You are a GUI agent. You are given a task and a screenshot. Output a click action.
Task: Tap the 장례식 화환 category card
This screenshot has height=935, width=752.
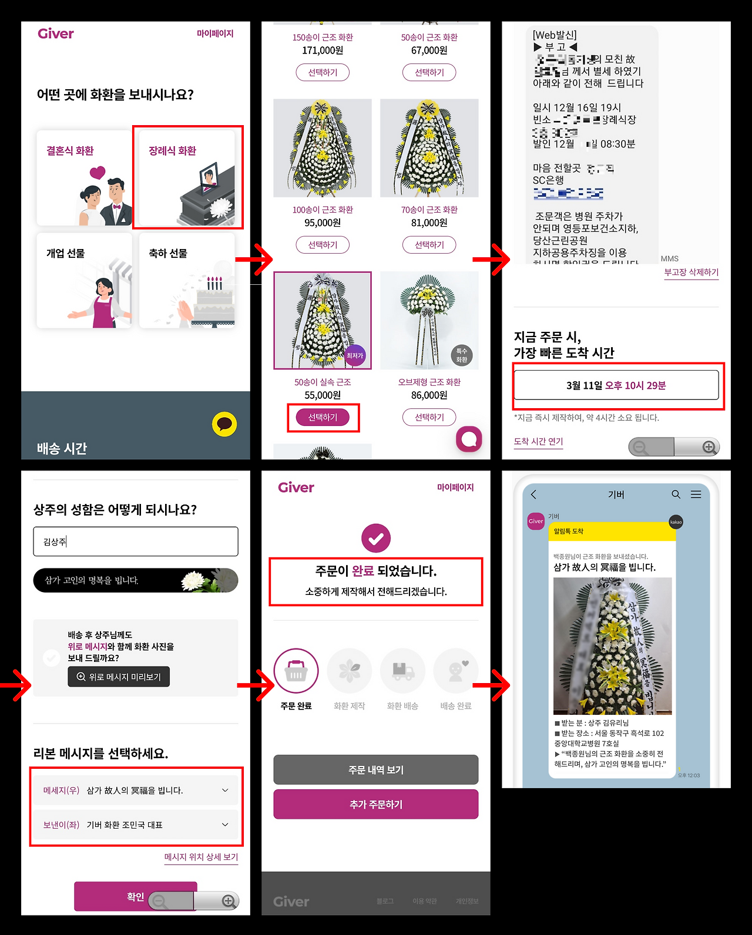pyautogui.click(x=187, y=177)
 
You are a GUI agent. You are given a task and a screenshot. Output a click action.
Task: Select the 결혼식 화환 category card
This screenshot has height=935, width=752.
pyautogui.click(x=84, y=177)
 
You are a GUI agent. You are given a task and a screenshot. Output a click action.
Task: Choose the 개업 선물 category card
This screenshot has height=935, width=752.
pyautogui.click(x=84, y=280)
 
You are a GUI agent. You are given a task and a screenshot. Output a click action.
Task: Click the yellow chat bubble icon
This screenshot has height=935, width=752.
pyautogui.click(x=224, y=424)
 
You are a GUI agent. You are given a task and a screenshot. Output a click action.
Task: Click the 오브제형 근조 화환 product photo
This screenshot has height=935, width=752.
pyautogui.click(x=429, y=321)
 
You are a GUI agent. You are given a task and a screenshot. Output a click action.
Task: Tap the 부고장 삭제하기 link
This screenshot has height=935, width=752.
pyautogui.click(x=691, y=273)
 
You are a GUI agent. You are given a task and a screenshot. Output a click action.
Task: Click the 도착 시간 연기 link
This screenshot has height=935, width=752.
pyautogui.click(x=538, y=442)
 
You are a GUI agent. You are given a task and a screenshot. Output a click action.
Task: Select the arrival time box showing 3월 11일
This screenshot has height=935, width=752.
pyautogui.click(x=616, y=385)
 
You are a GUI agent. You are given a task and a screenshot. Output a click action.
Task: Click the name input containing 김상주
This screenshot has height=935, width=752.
pyautogui.click(x=136, y=542)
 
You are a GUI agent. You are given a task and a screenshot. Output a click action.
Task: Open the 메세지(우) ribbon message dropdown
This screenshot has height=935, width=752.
pyautogui.click(x=136, y=791)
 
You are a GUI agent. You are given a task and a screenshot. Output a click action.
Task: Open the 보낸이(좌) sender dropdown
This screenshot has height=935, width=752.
pyautogui.click(x=136, y=825)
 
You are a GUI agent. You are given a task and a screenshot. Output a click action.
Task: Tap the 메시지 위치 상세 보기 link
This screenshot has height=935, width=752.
pyautogui.click(x=201, y=857)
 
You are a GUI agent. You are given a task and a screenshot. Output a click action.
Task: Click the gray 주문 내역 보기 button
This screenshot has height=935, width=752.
pyautogui.click(x=376, y=770)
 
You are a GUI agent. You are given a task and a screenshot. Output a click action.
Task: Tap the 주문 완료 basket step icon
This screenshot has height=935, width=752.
pyautogui.click(x=296, y=671)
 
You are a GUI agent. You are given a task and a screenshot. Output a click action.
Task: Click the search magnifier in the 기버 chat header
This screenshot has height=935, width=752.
pyautogui.click(x=676, y=495)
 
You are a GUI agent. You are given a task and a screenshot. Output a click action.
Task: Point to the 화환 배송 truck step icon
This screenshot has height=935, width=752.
pyautogui.click(x=402, y=671)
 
